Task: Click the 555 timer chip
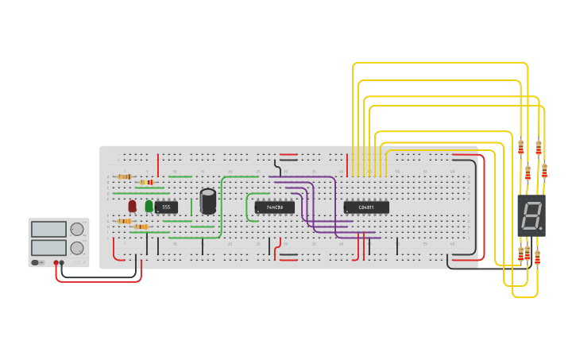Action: tap(166, 207)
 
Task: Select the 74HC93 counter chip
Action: tap(274, 207)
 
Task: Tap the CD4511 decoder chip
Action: tap(366, 207)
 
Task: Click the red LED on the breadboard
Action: tap(133, 206)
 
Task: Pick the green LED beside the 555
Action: tap(149, 206)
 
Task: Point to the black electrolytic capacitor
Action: tap(208, 201)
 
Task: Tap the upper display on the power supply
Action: tap(49, 230)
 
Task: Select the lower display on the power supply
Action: tap(49, 248)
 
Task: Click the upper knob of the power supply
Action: tap(77, 230)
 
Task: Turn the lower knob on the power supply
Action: tap(77, 248)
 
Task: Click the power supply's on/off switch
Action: tap(37, 262)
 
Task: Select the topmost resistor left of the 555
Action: tap(124, 176)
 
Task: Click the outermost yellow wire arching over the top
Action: tap(439, 63)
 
